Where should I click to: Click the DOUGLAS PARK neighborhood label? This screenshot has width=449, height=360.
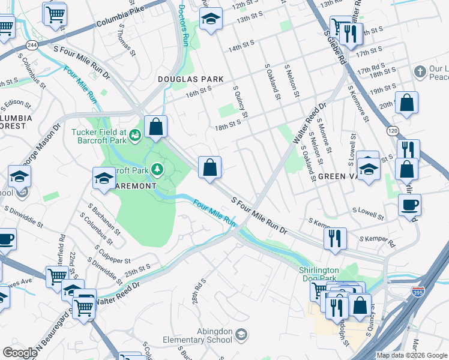(190, 79)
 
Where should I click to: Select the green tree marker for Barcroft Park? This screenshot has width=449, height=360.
(158, 170)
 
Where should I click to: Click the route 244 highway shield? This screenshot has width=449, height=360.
(31, 45)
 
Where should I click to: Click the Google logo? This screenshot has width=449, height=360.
(20, 353)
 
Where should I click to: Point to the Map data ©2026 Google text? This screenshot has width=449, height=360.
(412, 355)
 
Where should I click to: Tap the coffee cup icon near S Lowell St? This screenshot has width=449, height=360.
(410, 205)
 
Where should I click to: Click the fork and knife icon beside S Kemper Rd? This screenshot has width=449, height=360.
(335, 238)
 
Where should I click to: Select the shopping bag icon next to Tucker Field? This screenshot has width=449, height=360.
(155, 127)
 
